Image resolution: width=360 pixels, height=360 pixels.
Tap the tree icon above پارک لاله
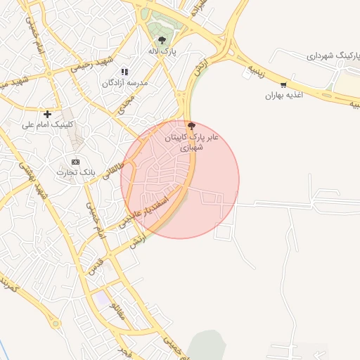(x=162, y=40)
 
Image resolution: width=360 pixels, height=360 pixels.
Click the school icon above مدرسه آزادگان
(x=124, y=72)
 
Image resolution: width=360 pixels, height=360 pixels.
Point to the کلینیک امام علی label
(x=47, y=124)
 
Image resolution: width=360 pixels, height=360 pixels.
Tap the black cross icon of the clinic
(x=47, y=114)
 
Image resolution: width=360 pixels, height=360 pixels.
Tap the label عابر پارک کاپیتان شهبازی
(x=191, y=142)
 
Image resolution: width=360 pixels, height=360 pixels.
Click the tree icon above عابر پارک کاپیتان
(x=191, y=126)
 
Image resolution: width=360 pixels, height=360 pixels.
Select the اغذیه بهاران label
(x=283, y=95)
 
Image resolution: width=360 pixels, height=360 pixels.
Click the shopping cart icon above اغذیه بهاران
(x=283, y=85)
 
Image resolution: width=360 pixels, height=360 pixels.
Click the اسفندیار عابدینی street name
(x=142, y=211)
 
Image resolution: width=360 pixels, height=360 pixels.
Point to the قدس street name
(x=96, y=266)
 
